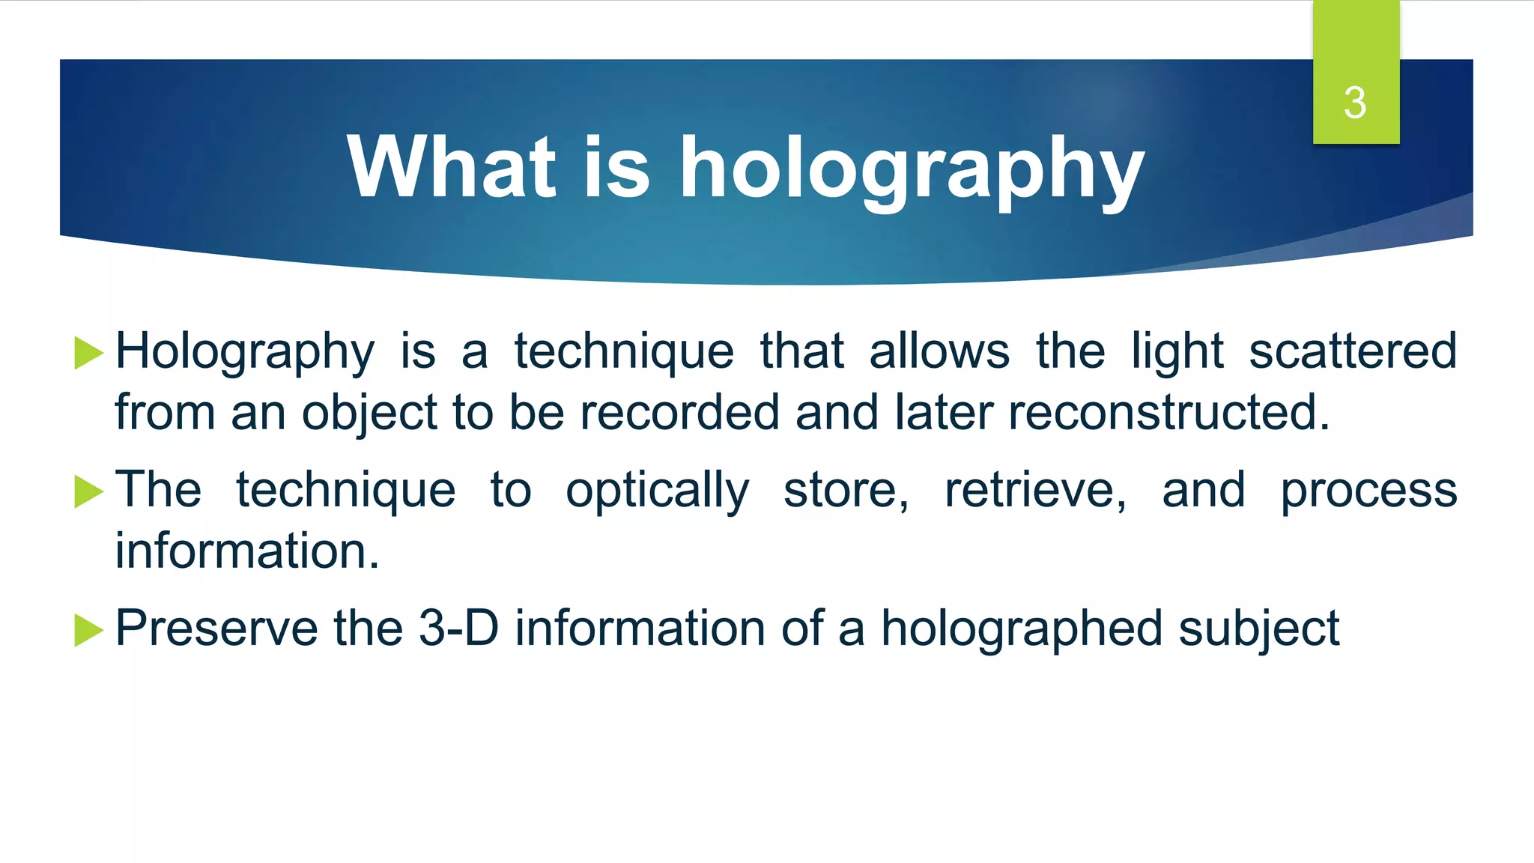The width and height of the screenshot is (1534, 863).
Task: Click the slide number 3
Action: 1355,103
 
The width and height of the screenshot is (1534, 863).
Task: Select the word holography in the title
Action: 912,169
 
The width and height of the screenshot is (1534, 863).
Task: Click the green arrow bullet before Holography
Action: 88,353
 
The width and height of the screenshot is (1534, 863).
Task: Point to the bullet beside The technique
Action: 88,491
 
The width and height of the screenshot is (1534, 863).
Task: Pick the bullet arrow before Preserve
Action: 88,630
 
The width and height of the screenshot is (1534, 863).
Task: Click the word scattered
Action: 1353,351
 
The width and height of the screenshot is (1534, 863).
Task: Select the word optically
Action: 657,491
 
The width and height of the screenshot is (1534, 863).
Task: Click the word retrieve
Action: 1035,490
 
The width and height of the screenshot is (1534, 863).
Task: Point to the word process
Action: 1368,491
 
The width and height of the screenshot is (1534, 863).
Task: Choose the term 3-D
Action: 458,627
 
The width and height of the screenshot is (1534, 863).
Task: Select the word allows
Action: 939,351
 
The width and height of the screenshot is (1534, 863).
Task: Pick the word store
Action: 846,490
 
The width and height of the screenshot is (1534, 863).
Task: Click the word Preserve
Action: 216,628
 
